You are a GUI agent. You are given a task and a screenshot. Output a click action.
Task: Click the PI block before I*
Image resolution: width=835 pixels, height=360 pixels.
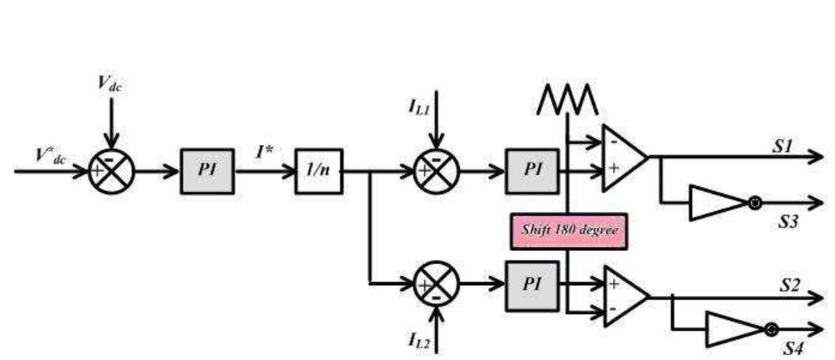[x=207, y=170]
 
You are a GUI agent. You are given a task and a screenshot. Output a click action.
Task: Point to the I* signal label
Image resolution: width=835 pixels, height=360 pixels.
[x=266, y=153]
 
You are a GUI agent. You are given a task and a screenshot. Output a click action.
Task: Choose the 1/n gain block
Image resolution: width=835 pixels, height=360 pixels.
[x=319, y=170]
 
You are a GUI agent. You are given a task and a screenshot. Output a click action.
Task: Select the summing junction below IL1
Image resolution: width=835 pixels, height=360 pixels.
[x=438, y=170]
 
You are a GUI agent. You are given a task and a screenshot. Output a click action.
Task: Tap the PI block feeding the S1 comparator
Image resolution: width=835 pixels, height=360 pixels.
[x=531, y=170]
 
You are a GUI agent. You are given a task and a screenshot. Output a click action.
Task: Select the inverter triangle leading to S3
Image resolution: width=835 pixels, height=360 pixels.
[x=715, y=203]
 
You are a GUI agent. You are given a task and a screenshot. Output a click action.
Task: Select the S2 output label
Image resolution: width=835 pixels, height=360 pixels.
[x=790, y=285]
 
